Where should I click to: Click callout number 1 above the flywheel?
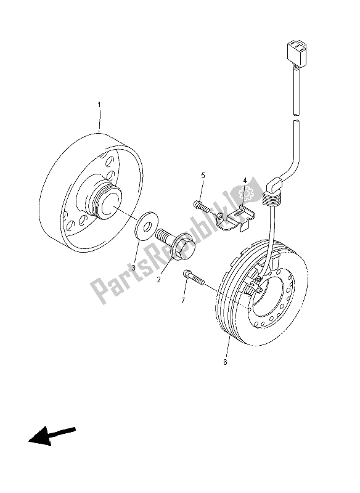[99, 105]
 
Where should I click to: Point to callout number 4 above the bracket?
[244, 181]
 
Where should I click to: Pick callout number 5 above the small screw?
[202, 176]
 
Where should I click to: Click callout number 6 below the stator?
[225, 362]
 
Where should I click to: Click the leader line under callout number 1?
[99, 121]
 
